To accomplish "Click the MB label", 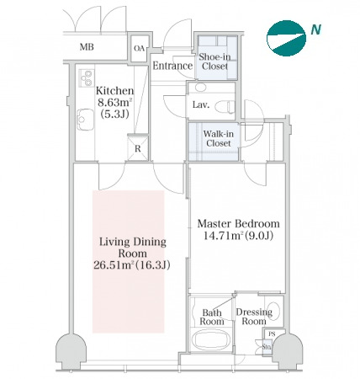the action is pos(87,47).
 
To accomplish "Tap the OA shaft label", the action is pos(139,49).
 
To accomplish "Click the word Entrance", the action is pos(172,66).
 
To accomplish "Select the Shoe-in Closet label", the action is pos(214,61).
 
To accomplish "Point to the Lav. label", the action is pos(201,105).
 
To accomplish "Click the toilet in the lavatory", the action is pos(225,106).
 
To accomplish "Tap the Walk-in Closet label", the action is pos(219,138).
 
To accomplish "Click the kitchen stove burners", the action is pos(87,78).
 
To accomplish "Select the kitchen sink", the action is pos(86,120).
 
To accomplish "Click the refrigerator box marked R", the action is pos(138,148).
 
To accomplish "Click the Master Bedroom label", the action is pos(239,224).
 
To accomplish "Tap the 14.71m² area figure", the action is pos(224,236).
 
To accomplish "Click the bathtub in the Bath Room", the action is pos(212,339).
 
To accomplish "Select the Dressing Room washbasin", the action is pos(273,311).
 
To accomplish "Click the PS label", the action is pos(272,334).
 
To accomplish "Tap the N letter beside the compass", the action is pos(315,29).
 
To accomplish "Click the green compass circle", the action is pos(286,38).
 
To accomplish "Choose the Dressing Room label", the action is pos(254,317).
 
